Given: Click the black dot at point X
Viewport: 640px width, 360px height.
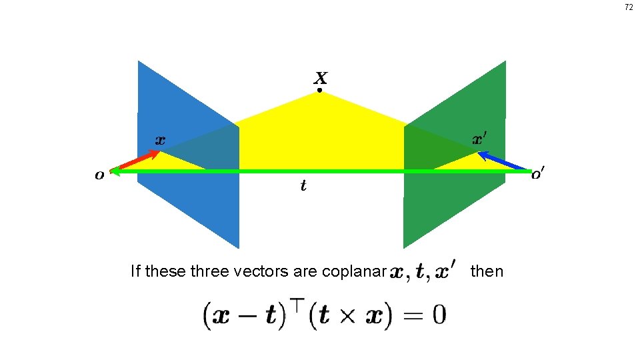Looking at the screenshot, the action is tap(319, 90).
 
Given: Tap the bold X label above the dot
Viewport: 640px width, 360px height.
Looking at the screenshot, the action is tap(320, 77).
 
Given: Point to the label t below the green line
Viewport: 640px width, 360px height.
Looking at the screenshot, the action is tap(303, 186).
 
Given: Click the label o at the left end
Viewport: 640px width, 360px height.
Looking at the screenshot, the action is tap(99, 175).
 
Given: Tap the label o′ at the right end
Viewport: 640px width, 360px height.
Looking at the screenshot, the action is tap(537, 175).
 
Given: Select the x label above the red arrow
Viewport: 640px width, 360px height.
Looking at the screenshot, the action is tap(160, 140).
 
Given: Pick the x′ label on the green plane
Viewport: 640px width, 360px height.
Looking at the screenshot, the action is tap(479, 139).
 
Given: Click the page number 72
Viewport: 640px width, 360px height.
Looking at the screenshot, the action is tap(628, 7).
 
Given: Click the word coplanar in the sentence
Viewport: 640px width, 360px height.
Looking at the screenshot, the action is tap(354, 272).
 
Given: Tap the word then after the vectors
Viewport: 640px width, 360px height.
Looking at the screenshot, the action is tap(487, 271).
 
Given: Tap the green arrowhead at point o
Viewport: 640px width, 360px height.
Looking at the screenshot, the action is tap(115, 171).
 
